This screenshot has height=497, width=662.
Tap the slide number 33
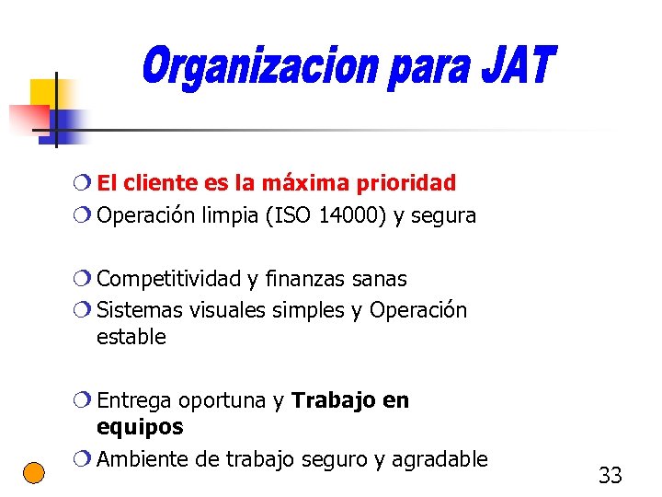610,476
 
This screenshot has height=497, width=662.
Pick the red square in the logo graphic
28,119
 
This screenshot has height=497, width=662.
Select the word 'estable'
131,337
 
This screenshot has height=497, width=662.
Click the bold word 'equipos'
140,427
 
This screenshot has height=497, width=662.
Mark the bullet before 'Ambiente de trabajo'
85,459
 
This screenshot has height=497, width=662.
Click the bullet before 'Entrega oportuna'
85,400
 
